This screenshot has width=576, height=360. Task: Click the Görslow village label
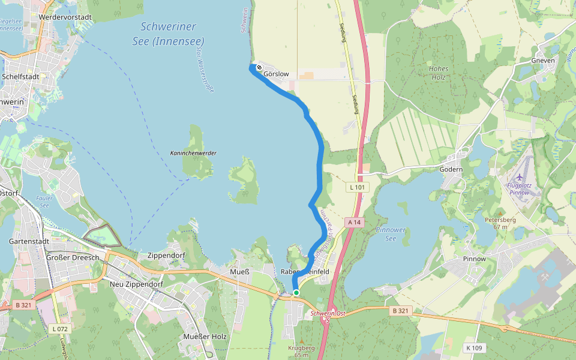click(x=277, y=74)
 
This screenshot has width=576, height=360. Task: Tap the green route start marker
click(x=296, y=293)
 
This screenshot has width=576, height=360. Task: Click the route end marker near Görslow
click(x=259, y=67)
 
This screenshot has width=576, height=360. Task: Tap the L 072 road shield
click(x=60, y=329)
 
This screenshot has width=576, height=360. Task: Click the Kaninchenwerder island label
click(x=193, y=153)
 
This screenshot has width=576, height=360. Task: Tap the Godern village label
click(x=451, y=170)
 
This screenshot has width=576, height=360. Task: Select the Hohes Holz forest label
click(x=439, y=73)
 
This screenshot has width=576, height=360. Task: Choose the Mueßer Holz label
click(x=205, y=337)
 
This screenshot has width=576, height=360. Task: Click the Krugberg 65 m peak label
click(x=301, y=351)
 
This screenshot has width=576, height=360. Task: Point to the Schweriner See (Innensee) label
click(x=168, y=34)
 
